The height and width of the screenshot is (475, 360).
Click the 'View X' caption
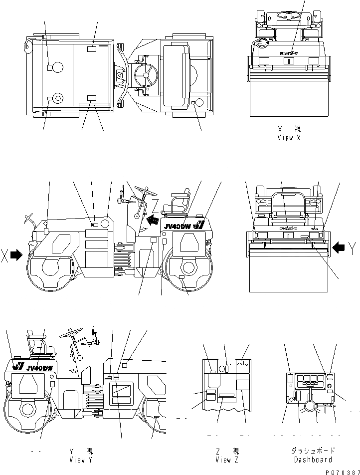(289, 138)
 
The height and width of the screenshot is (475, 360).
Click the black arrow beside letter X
(16, 255)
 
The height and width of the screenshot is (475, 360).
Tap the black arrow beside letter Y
(339, 246)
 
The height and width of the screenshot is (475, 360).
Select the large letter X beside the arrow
(5, 255)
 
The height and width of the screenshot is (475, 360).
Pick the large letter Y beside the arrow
(353, 247)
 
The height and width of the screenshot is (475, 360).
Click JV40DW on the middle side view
(178, 226)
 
